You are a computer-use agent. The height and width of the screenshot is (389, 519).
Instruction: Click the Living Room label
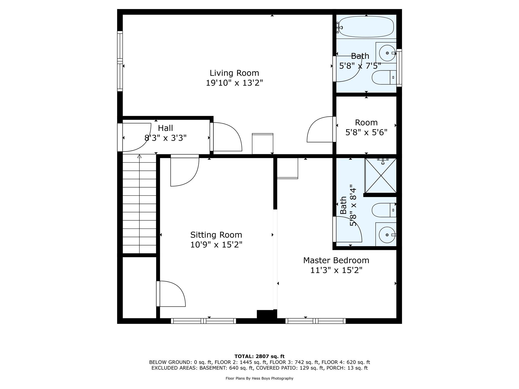pos(234,73)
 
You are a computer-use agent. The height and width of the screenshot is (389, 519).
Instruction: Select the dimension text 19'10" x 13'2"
pos(234,83)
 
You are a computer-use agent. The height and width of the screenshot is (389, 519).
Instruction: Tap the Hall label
pos(165,128)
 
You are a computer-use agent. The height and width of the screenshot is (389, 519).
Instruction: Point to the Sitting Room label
pos(216,235)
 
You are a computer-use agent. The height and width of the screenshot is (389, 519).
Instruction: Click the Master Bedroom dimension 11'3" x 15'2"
pos(336,270)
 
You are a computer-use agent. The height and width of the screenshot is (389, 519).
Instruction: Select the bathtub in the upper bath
pos(366,27)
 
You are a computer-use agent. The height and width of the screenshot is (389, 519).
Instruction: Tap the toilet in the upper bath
pos(383,77)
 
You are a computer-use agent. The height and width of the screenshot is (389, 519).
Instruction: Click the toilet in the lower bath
pos(383,210)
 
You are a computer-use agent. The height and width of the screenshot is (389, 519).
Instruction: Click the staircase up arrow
pos(139,157)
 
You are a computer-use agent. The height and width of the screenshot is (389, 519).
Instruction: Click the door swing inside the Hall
pos(138,137)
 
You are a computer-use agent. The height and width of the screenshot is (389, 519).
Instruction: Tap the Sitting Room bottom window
pos(203,321)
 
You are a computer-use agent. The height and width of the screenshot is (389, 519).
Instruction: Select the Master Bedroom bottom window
pos(316,321)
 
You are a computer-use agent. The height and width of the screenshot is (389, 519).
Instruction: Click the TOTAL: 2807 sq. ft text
pos(259,357)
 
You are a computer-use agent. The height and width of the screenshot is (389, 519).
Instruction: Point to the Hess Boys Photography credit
pos(259,378)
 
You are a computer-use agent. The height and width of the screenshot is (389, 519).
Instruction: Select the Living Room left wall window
pos(120,61)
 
